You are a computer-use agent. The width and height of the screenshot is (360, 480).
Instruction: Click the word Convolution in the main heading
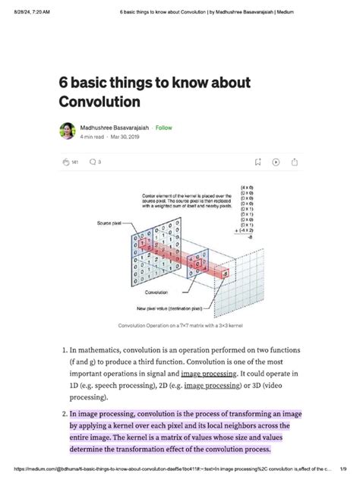coord(106,100)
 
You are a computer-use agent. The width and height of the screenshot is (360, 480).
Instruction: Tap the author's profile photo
coord(67,131)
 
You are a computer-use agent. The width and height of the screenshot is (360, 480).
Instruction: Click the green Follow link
coord(163,128)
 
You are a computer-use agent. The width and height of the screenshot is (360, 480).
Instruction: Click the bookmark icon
coord(257,162)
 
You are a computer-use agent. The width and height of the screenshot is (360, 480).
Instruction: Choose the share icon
coord(294,162)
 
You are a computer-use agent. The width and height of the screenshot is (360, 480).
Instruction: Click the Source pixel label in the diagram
coord(109,223)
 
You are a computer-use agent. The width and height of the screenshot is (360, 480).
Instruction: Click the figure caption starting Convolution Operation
coord(180,326)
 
